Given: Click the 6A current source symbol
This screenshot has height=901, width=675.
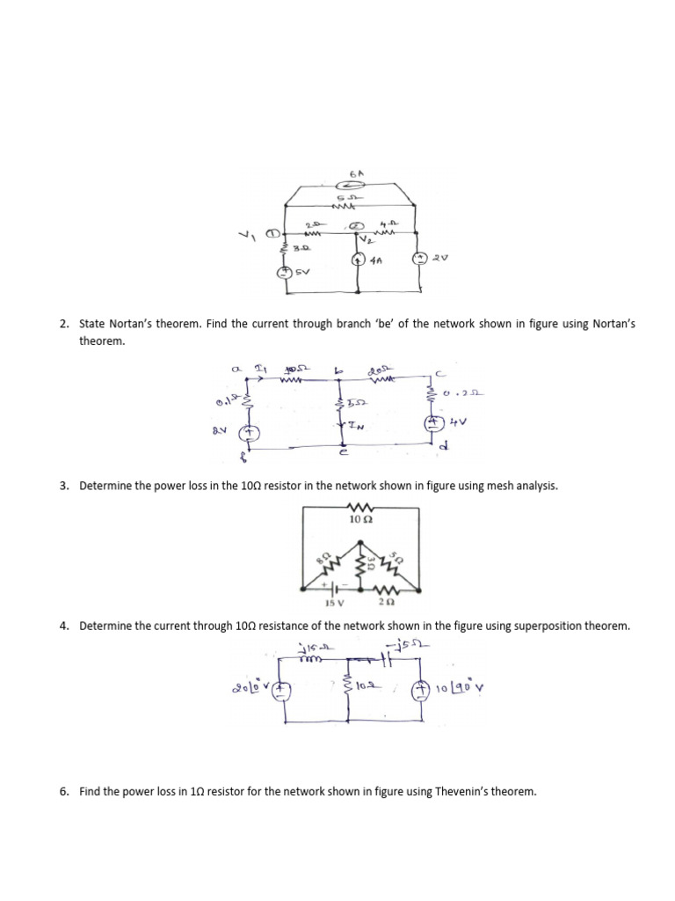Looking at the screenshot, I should pos(344,187).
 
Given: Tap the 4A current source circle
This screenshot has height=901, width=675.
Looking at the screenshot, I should pos(358,260).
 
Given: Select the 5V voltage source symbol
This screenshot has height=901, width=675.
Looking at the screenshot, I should pos(284,272).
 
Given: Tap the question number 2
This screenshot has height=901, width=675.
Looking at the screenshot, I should pos(64,325).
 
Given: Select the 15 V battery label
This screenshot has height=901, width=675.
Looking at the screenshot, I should pos(335,604).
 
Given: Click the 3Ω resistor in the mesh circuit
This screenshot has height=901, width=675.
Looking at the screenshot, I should pos(361,560).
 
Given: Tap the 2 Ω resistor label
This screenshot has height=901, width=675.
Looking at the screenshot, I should pos(385,604).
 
